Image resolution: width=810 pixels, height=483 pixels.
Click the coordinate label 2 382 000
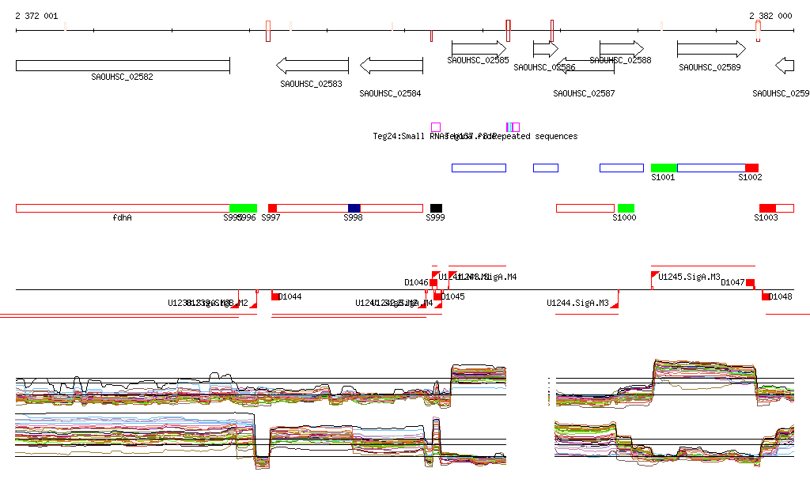pos(770,16)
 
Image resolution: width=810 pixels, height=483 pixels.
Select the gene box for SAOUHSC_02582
pos(123,65)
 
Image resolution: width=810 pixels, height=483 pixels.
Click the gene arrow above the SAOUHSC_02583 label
pos(312,65)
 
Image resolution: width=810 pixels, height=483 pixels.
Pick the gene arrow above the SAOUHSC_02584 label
pos(391,65)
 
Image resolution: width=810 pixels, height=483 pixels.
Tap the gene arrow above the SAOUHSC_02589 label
pos(710,49)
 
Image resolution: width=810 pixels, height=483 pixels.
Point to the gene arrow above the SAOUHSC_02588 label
pos(621,49)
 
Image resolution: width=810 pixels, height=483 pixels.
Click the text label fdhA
pos(122,217)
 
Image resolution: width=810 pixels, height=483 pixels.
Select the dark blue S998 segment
pos(354,208)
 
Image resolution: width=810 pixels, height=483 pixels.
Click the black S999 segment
pos(436,208)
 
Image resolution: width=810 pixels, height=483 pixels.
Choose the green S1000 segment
pos(626,208)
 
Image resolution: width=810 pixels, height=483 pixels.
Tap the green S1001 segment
pos(664,168)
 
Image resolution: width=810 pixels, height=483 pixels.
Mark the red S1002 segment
pos(751,168)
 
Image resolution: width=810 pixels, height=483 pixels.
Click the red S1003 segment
pos(767,208)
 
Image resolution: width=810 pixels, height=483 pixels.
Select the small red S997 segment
pos(272,208)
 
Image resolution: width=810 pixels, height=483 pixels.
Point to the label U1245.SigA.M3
pos(689,277)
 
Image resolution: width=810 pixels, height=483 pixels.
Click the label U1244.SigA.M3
pos(577,303)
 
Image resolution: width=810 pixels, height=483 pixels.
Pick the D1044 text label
pos(290,296)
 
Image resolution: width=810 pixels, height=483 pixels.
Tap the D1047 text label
pos(732,282)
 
